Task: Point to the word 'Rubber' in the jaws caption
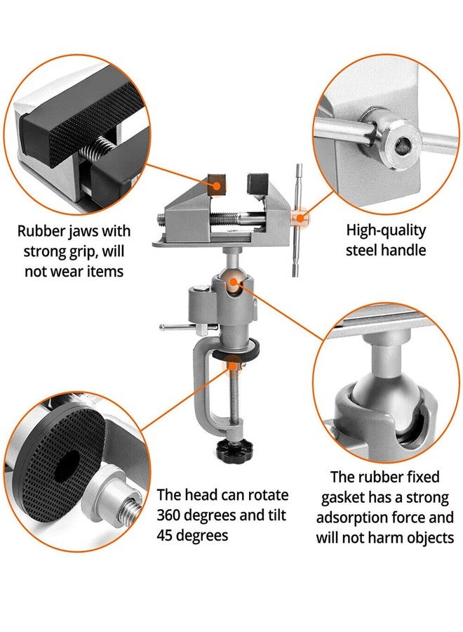pyautogui.click(x=40, y=231)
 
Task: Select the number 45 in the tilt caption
pyautogui.click(x=166, y=535)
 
